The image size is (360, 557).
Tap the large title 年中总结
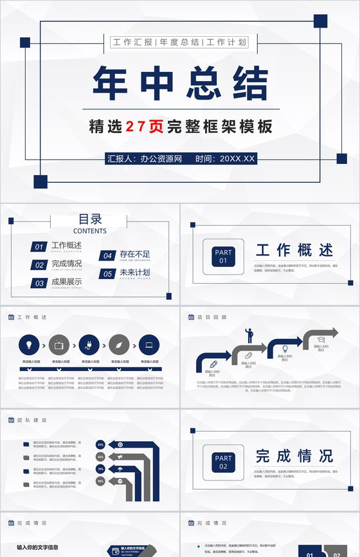coord(180,84)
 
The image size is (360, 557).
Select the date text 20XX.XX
coord(237,158)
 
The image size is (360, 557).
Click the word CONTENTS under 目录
coord(90,231)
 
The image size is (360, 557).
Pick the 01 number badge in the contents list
coord(39,246)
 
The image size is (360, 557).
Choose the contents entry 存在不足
coord(134,255)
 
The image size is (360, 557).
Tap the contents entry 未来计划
coord(134,273)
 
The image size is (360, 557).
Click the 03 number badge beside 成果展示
coord(39,282)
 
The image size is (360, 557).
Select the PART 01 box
coord(223,257)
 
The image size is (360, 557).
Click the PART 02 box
coord(223,462)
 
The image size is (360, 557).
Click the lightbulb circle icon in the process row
coord(30,345)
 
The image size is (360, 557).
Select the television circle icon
coord(60,345)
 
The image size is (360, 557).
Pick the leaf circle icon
coord(120,345)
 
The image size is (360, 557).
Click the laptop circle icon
coord(149,345)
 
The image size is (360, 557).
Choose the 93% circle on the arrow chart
coord(100,444)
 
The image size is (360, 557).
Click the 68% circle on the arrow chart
coord(100,480)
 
